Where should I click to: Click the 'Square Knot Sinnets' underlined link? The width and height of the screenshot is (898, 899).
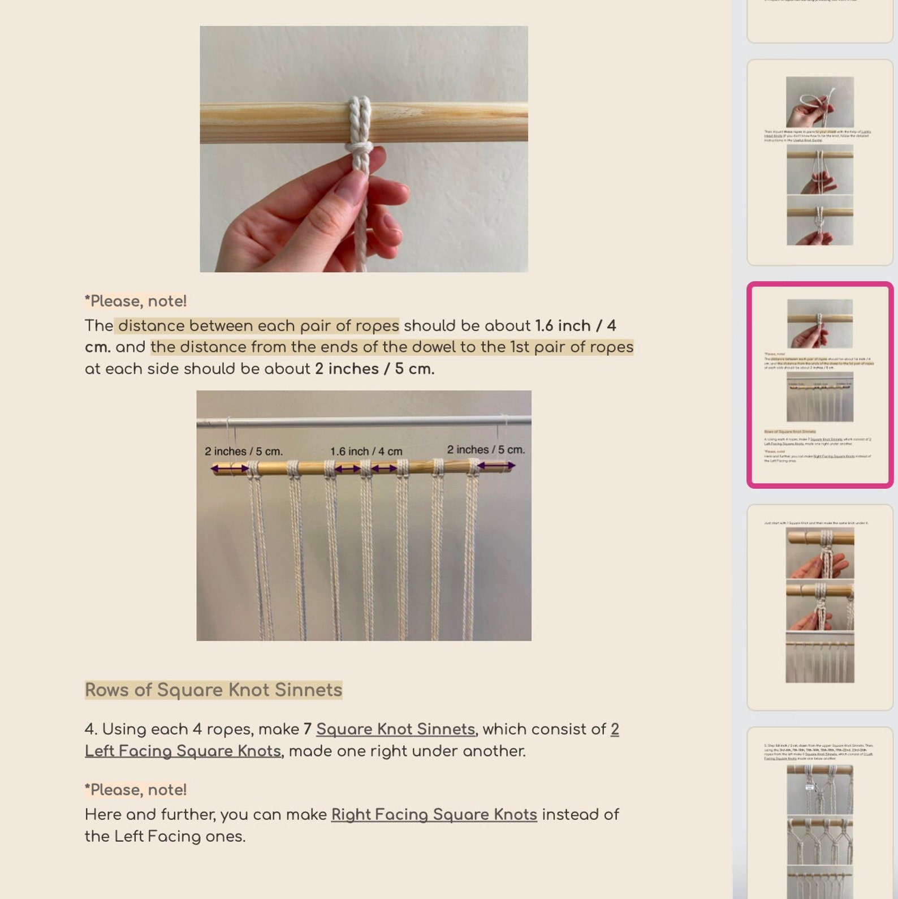pos(395,729)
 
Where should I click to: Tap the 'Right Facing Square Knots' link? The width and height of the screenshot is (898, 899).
pos(434,815)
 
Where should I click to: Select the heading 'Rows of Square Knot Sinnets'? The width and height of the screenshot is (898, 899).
pos(213,690)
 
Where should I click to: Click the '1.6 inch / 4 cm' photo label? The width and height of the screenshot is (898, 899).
pos(366,451)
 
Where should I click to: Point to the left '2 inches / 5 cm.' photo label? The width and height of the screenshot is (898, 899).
pos(243,451)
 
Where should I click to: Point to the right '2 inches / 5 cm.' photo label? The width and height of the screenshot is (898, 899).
pos(486,450)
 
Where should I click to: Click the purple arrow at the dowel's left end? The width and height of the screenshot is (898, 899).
pos(230,468)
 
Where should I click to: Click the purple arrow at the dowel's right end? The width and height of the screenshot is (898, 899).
pos(496,466)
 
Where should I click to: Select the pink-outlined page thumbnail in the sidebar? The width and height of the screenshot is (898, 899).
pos(819,385)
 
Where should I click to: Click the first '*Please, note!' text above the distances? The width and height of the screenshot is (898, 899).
pos(136,301)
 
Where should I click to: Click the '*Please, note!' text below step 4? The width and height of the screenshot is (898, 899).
pos(136,790)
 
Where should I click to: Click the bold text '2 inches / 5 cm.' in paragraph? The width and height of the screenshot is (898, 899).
pos(374,369)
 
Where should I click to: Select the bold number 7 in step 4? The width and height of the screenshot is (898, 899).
pos(308,729)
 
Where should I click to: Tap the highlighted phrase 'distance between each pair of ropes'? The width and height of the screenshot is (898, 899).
pos(258,326)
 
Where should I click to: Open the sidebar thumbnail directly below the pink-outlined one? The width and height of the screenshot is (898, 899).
pos(819,606)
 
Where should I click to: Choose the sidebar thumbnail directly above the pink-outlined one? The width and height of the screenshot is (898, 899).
pos(819,162)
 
